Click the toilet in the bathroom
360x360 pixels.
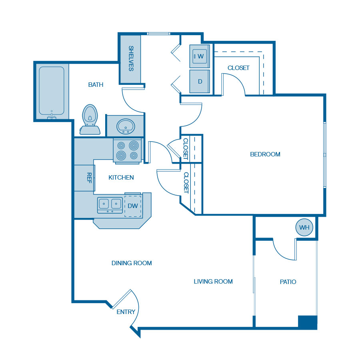pyautogui.click(x=90, y=120)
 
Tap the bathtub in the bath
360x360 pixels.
pyautogui.click(x=52, y=91)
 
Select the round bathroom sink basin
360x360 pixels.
pyautogui.click(x=126, y=126)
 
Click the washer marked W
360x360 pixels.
pyautogui.click(x=200, y=56)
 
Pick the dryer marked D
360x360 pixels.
pyautogui.click(x=200, y=81)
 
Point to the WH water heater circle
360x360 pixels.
pyautogui.click(x=304, y=227)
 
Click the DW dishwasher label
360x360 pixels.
pyautogui.click(x=133, y=206)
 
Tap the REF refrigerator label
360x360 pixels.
pyautogui.click(x=89, y=178)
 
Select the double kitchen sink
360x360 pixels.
pyautogui.click(x=110, y=205)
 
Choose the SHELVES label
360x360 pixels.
pyautogui.click(x=131, y=58)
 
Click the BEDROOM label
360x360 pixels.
pyautogui.click(x=265, y=154)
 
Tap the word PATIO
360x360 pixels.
pyautogui.click(x=288, y=282)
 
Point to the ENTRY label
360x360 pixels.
pyautogui.click(x=126, y=312)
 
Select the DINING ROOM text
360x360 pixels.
pyautogui.click(x=132, y=263)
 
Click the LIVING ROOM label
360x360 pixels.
pyautogui.click(x=213, y=282)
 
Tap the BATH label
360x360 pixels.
pyautogui.click(x=96, y=85)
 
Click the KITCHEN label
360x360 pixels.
pyautogui.click(x=121, y=178)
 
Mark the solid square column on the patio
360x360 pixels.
pyautogui.click(x=308, y=322)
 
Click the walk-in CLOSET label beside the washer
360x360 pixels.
pyautogui.click(x=238, y=68)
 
